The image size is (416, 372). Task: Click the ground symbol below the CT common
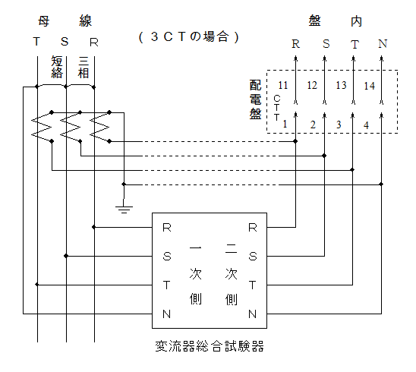click(124, 209)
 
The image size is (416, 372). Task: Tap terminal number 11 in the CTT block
click(283, 85)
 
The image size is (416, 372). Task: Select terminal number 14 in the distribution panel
click(369, 86)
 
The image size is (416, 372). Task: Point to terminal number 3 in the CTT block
click(339, 125)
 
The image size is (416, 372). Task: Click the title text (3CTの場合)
click(189, 36)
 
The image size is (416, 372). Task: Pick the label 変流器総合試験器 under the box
click(210, 346)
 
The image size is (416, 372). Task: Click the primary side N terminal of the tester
click(166, 314)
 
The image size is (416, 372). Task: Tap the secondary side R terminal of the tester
click(253, 228)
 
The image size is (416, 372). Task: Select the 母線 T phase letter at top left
click(36, 42)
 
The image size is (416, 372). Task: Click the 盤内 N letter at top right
click(383, 44)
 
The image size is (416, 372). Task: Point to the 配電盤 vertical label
click(255, 99)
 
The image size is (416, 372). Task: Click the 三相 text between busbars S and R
click(84, 67)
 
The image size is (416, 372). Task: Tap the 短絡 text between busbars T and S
click(57, 67)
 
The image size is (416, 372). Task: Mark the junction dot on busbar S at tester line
click(66, 256)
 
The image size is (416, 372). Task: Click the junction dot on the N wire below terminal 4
click(381, 184)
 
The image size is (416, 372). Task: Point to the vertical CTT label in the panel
click(277, 108)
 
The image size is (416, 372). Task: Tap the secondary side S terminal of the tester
click(253, 257)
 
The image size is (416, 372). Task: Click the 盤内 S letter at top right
click(326, 44)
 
